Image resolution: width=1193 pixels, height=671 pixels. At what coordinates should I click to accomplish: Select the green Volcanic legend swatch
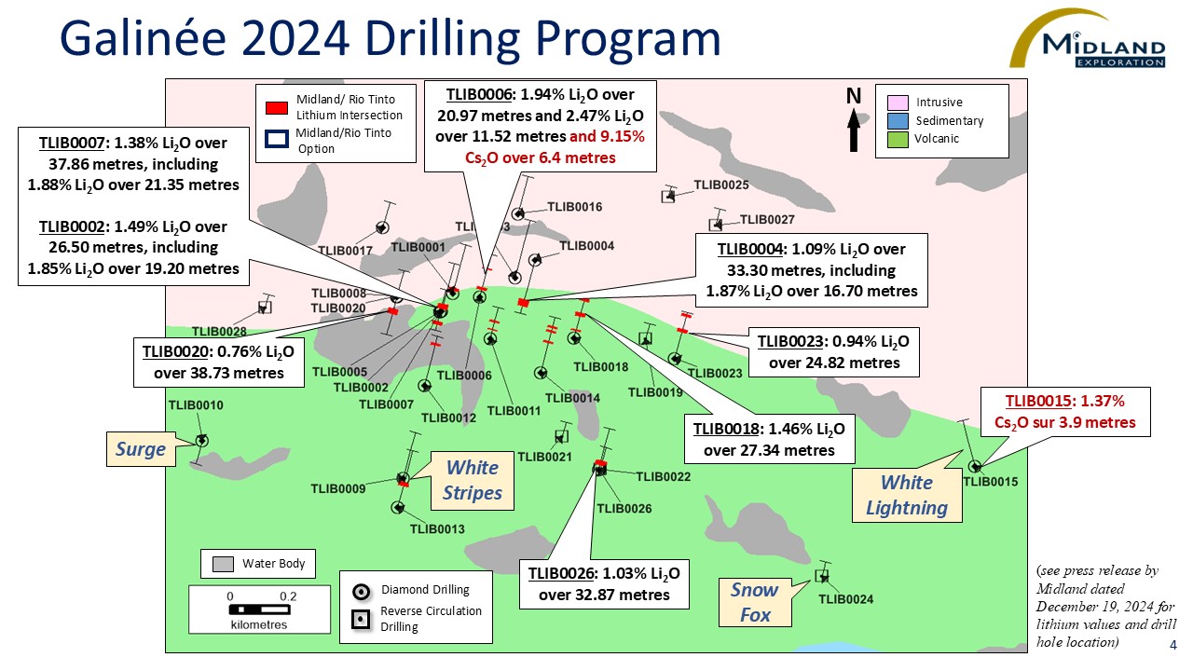pos(898,139)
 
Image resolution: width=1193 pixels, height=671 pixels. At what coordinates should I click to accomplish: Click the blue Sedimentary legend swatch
pos(898,120)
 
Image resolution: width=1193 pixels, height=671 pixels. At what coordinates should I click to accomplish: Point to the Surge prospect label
pos(141,450)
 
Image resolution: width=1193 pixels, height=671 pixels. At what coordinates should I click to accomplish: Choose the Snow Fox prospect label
pos(754,601)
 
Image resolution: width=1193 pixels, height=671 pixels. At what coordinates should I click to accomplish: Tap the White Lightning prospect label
pos(907,495)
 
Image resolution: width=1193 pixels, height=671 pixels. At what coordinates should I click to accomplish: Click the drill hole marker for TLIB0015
pos(975,466)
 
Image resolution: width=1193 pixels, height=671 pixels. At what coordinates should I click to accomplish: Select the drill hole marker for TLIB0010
pos(201,441)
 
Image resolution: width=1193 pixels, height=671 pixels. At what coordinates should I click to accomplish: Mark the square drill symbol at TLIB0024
pos(821,575)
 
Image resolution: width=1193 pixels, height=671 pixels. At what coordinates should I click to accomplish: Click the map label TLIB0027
pos(767,220)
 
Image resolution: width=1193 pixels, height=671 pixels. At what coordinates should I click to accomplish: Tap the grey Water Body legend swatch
pos(223,564)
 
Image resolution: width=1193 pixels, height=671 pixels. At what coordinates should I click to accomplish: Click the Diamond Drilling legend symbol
pos(363,591)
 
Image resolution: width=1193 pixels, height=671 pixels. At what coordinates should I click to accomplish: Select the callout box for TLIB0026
pos(603,583)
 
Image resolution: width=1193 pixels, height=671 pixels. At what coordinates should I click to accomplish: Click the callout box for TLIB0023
pos(834,351)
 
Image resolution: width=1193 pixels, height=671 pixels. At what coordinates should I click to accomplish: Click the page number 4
pos(1173,646)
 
